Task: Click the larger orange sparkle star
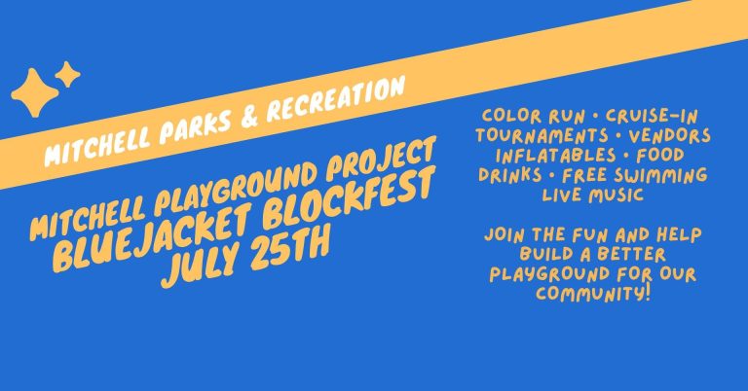point(34,92)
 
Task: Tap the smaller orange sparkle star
point(67,74)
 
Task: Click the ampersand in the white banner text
point(249,117)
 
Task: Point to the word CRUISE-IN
point(652,116)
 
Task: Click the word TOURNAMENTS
point(542,135)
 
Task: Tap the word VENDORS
point(670,136)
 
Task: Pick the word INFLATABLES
point(556,156)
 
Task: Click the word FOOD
point(660,156)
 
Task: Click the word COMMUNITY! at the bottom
point(593,293)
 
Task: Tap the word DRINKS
point(510,175)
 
